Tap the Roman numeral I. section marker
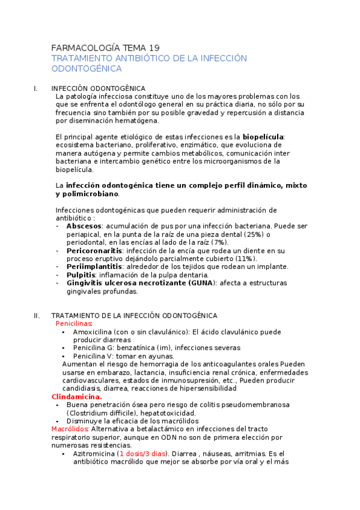coord(35,88)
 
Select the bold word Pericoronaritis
coord(94,250)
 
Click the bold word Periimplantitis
coord(94,266)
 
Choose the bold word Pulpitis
coord(81,275)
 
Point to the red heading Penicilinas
coord(74,324)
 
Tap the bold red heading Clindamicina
coord(77,397)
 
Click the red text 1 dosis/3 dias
coord(141,454)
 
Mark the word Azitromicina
coord(94,454)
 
